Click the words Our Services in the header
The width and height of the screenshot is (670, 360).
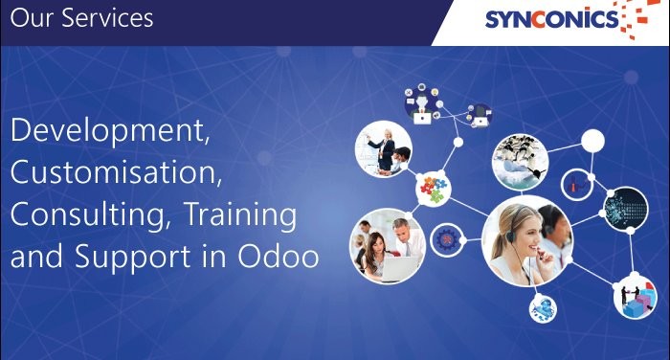click(x=82, y=19)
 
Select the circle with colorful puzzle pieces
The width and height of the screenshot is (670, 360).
click(x=433, y=188)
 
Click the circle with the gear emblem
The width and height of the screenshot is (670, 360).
click(x=447, y=238)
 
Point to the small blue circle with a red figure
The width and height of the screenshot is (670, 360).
click(x=577, y=180)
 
